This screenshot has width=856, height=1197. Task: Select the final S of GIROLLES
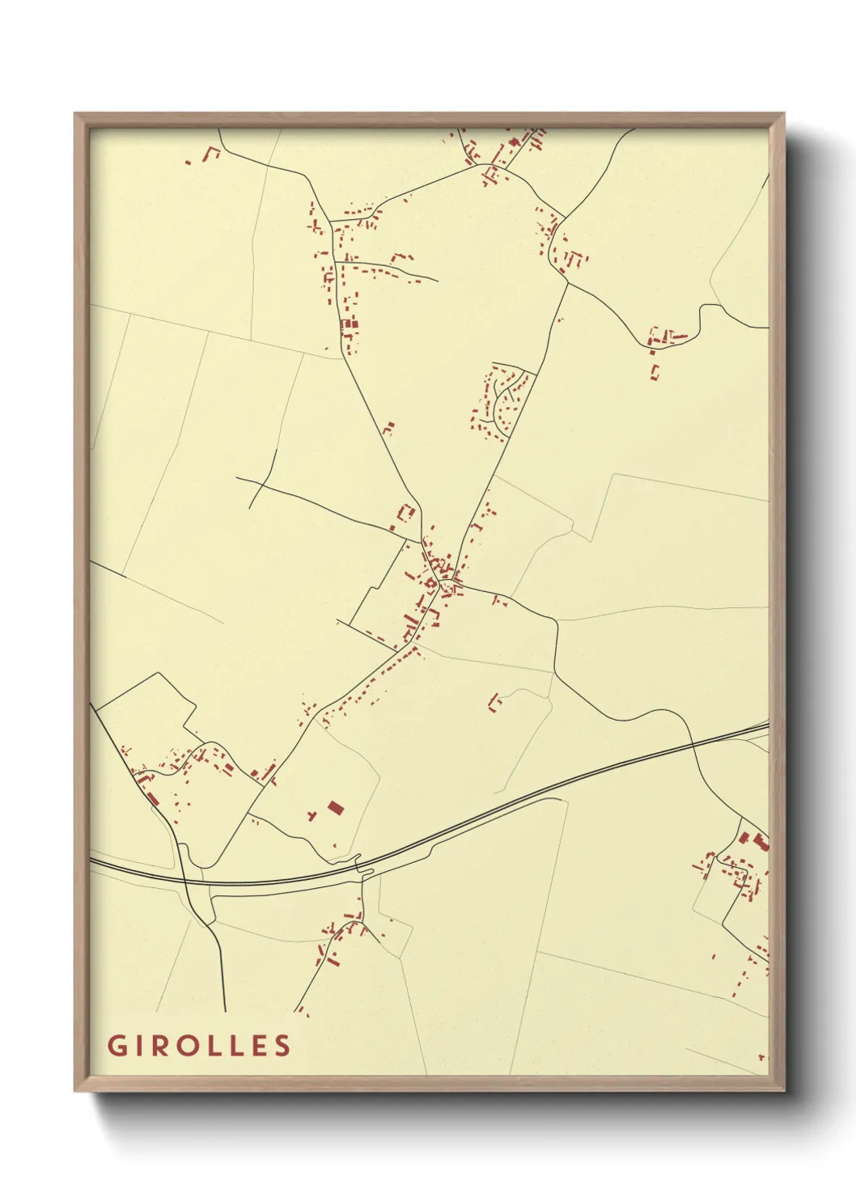tap(282, 1045)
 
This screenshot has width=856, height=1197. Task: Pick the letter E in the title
tap(258, 1045)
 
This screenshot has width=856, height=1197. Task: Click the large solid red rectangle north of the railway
tap(335, 807)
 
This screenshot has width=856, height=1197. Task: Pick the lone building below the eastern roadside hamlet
tap(655, 372)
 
